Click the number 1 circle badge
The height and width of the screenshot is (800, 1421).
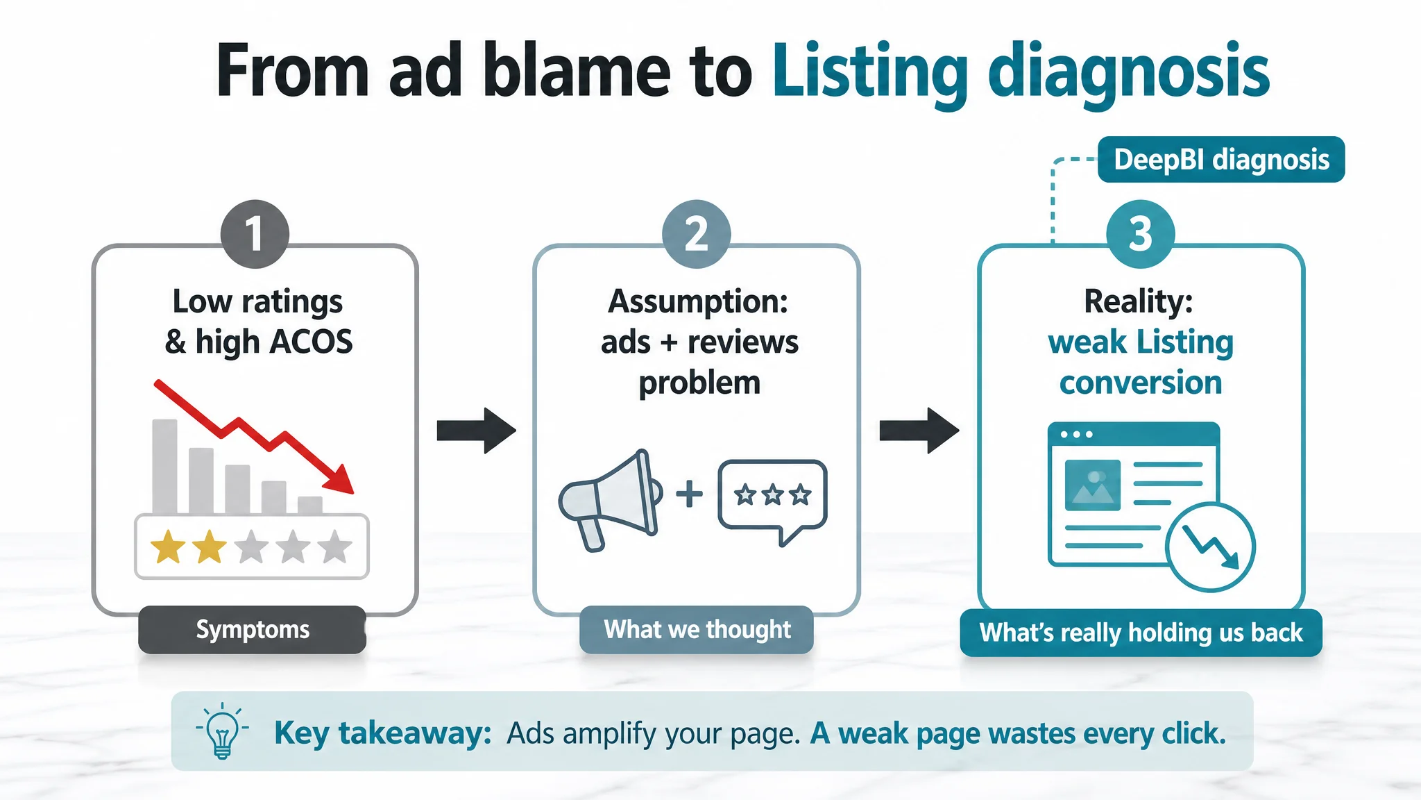pyautogui.click(x=255, y=234)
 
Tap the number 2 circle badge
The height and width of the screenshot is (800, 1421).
pyautogui.click(x=697, y=234)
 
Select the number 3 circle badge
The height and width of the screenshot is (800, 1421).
pyautogui.click(x=1141, y=234)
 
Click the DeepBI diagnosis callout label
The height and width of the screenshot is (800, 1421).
pyautogui.click(x=1221, y=160)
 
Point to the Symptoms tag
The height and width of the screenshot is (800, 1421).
pyautogui.click(x=253, y=630)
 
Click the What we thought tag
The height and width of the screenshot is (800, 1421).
pyautogui.click(x=697, y=630)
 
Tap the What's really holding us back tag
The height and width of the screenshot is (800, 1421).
pyautogui.click(x=1141, y=633)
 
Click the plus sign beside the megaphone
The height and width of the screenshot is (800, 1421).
pyautogui.click(x=690, y=494)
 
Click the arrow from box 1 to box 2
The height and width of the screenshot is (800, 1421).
pyautogui.click(x=477, y=431)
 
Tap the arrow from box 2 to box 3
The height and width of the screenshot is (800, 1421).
pyautogui.click(x=919, y=431)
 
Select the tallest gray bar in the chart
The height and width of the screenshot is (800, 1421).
pyautogui.click(x=165, y=467)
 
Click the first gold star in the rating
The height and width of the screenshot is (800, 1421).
pyautogui.click(x=168, y=547)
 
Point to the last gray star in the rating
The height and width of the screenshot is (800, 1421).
pyautogui.click(x=335, y=547)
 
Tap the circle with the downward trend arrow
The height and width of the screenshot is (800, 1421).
pyautogui.click(x=1211, y=547)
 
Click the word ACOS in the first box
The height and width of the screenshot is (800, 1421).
pyautogui.click(x=312, y=342)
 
